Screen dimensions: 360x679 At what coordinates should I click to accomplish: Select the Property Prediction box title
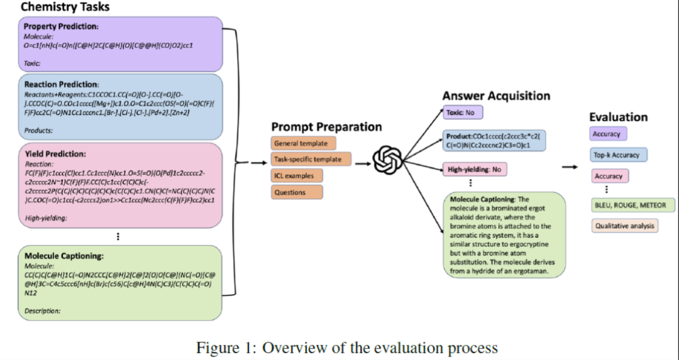coord(62,26)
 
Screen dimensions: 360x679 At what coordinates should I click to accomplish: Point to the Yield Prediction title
coord(55,153)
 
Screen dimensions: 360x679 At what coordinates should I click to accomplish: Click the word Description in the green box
coord(42,310)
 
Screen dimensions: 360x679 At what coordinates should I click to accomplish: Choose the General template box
coord(301,143)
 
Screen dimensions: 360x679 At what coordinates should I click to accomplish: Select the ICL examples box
coord(293,176)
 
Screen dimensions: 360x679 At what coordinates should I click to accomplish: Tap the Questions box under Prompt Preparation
coord(289,192)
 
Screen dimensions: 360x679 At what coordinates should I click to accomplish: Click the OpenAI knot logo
coord(387,161)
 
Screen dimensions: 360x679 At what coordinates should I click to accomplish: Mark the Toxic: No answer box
coord(464,113)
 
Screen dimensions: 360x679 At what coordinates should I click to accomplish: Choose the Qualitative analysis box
coord(624,226)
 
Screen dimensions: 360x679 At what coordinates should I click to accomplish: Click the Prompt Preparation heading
coord(326,127)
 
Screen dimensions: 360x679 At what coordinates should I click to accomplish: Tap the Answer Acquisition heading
coord(496,96)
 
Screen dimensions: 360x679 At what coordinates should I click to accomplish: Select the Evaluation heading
coord(618,117)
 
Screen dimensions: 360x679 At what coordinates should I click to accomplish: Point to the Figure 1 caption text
coord(347,347)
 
